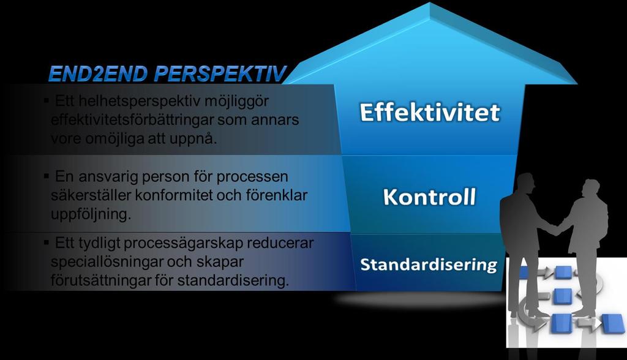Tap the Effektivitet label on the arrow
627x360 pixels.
coord(430,112)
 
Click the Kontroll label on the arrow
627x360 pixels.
coord(429,197)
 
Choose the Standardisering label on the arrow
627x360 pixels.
coord(429,265)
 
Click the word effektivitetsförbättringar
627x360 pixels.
coord(132,120)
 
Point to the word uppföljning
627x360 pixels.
coord(91,215)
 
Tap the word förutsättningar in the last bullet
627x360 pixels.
coord(100,280)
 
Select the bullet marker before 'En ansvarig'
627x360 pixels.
coord(47,175)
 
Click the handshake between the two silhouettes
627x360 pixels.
coord(555,229)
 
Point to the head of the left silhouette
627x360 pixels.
coord(525,183)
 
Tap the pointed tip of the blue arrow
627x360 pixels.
coord(430,3)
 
